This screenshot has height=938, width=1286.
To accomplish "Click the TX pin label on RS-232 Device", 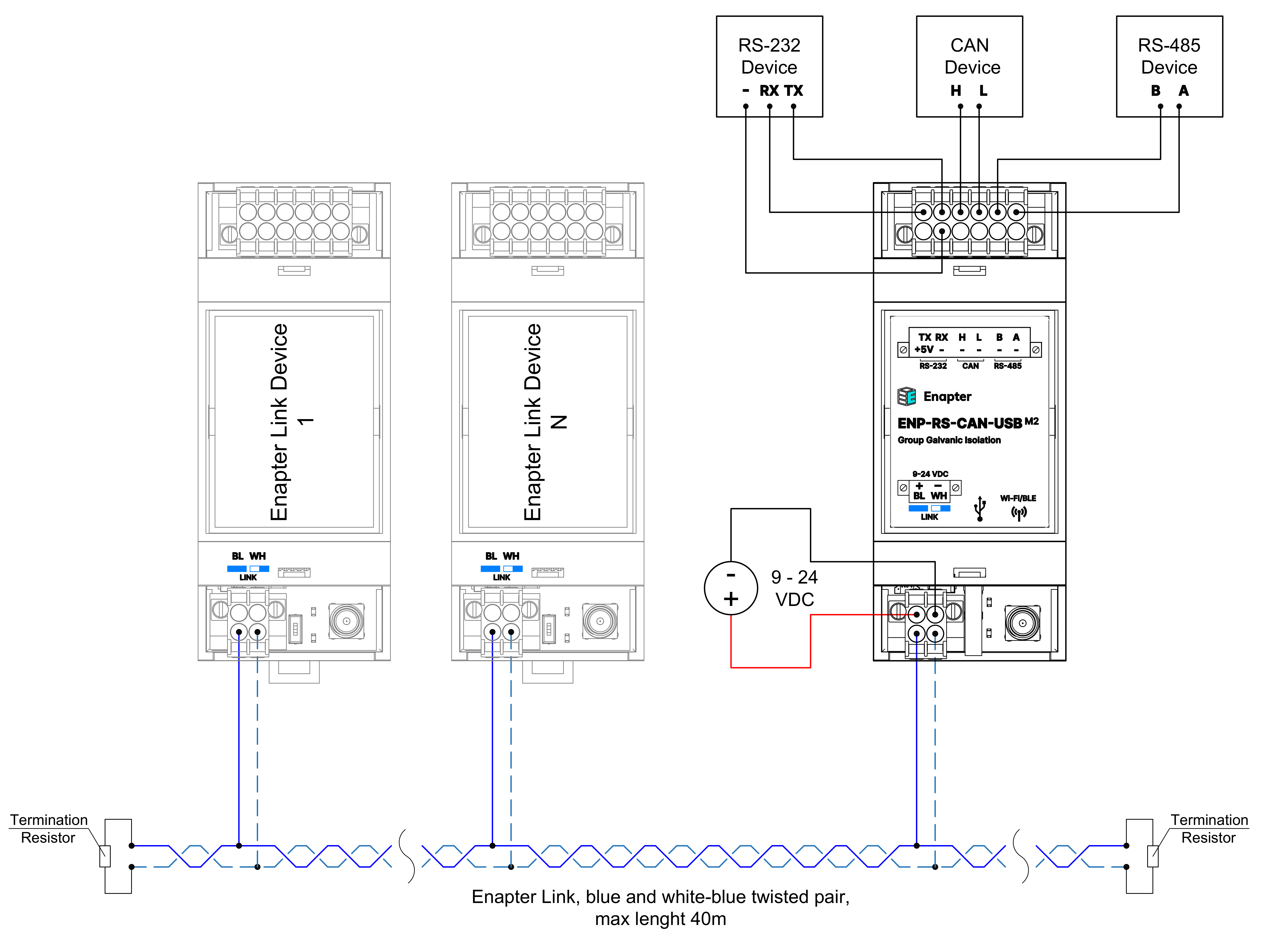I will click(x=794, y=91).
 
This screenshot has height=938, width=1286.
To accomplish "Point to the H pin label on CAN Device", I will click(x=956, y=91).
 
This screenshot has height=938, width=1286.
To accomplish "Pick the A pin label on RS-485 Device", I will click(x=1183, y=91).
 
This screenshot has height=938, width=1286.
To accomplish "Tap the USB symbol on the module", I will click(x=980, y=508).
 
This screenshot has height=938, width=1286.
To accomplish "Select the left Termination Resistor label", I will click(x=49, y=829).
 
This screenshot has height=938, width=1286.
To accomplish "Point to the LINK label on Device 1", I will click(x=248, y=577).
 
